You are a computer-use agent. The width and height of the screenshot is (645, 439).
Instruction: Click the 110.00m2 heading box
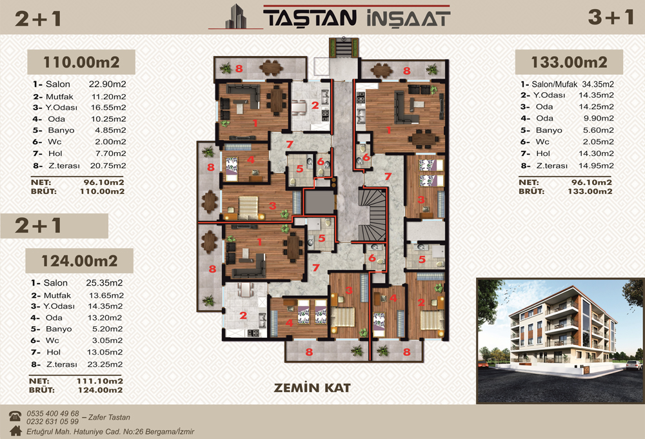pyautogui.click(x=81, y=62)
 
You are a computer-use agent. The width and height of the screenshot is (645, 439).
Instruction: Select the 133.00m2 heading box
pyautogui.click(x=569, y=62)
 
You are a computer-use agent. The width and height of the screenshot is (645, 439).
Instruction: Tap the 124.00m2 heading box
pyautogui.click(x=79, y=260)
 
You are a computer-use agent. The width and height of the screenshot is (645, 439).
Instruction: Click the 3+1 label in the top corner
pyautogui.click(x=610, y=17)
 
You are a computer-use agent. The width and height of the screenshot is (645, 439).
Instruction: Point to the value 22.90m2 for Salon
pyautogui.click(x=107, y=84)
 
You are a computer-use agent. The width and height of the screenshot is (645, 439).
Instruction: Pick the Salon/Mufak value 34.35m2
pyautogui.click(x=598, y=84)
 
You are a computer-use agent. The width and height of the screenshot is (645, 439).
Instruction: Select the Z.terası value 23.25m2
pyautogui.click(x=105, y=365)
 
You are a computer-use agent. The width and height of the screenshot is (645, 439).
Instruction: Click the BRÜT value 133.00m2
pyautogui.click(x=590, y=191)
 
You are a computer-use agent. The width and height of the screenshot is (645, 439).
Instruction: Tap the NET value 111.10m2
pyautogui.click(x=99, y=381)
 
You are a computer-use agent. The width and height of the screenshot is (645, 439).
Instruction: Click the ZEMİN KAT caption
pyautogui.click(x=312, y=387)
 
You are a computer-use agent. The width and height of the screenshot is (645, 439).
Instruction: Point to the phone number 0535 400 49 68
pyautogui.click(x=53, y=413)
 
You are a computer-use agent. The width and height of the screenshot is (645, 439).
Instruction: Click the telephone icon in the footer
pyautogui.click(x=15, y=416)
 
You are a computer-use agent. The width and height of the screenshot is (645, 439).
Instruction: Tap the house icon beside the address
pyautogui.click(x=15, y=431)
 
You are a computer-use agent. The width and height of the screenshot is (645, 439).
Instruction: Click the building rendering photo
pyautogui.click(x=561, y=341)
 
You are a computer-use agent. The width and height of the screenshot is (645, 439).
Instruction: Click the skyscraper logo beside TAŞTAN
pyautogui.click(x=236, y=17)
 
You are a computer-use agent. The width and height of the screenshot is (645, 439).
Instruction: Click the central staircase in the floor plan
pyautogui.click(x=373, y=215)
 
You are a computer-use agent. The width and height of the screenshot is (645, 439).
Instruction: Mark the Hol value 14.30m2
pyautogui.click(x=596, y=153)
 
